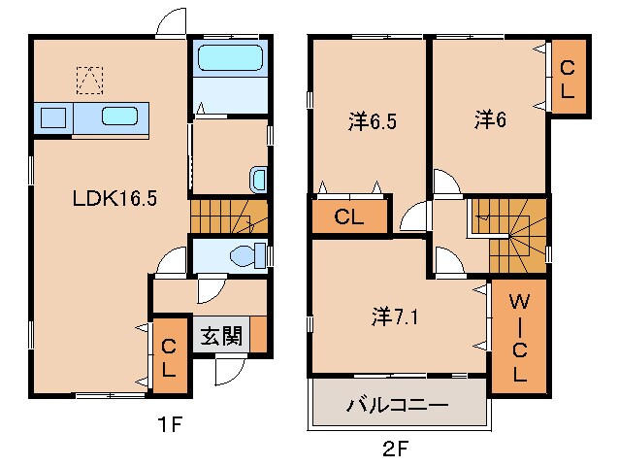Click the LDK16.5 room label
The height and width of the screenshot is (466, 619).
tap(115, 198)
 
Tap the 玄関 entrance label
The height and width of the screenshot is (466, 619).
tap(221, 337)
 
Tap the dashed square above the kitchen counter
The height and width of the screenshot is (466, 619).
tap(89, 79)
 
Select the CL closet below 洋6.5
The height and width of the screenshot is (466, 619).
tap(348, 216)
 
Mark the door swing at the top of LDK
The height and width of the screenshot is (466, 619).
tap(172, 21)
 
